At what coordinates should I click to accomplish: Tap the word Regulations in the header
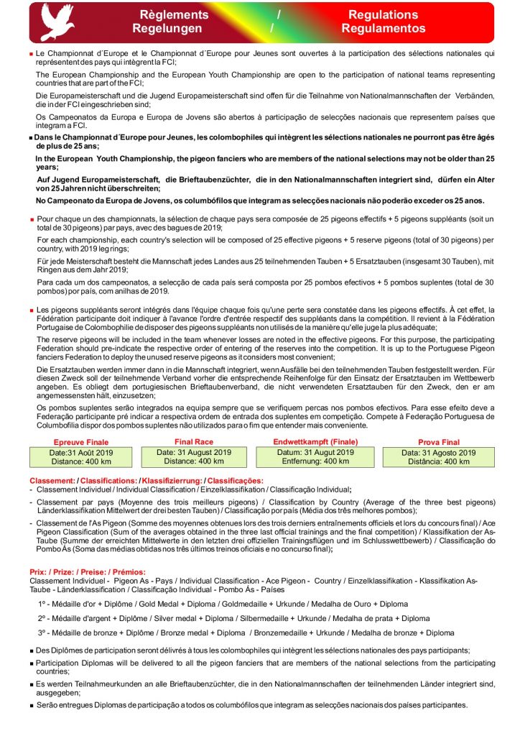[x=383, y=14]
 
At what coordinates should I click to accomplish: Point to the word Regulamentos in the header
[x=383, y=29]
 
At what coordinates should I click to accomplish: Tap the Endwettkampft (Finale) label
[x=315, y=441]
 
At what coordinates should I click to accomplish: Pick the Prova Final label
[x=438, y=442]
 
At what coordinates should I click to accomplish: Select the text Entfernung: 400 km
[x=315, y=461]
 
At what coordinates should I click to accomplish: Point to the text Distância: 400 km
[x=438, y=462]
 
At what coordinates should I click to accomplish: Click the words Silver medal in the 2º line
[x=177, y=618]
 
